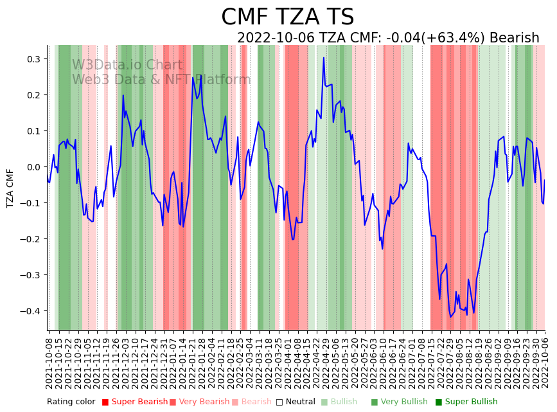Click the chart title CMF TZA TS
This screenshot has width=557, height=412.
coord(287,17)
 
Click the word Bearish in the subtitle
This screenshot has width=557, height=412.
coord(514,38)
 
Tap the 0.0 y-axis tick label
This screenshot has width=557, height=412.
coord(32,167)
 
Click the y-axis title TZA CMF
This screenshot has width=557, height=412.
coord(10,188)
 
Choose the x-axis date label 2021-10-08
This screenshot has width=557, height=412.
coord(49,360)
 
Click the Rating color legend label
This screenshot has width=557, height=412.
coord(71,402)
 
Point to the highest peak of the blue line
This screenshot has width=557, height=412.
coord(324,58)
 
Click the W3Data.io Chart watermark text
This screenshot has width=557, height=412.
coord(127,66)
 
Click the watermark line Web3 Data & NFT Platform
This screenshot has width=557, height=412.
coord(161,80)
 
